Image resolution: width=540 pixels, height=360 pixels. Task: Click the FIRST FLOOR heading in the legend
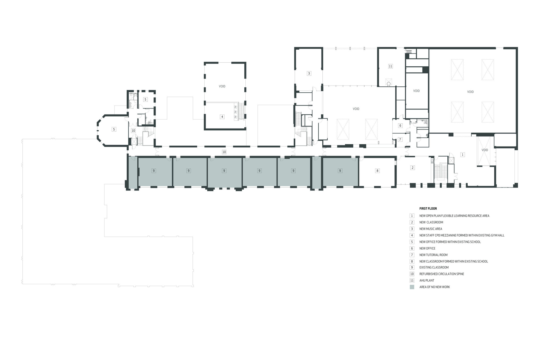click(428, 209)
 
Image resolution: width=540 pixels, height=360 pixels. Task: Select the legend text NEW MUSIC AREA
click(431, 229)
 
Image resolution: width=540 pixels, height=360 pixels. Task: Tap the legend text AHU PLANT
click(427, 280)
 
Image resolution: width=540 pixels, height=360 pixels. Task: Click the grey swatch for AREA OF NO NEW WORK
click(412, 287)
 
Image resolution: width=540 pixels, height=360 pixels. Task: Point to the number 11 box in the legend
click(412, 280)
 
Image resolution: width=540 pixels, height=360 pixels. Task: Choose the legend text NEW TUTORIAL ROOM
click(433, 255)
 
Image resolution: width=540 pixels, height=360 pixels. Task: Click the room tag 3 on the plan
click(309, 73)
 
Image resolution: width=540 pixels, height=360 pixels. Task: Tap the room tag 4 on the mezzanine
click(222, 117)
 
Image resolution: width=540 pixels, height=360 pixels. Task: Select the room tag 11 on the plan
click(390, 66)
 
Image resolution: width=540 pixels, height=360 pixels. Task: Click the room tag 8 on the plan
click(377, 171)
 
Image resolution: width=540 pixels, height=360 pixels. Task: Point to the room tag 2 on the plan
click(412, 168)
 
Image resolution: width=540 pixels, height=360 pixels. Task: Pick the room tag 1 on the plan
click(463, 155)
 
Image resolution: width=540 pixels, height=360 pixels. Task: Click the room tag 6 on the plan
click(400, 125)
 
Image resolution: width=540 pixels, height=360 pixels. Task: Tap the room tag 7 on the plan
click(400, 140)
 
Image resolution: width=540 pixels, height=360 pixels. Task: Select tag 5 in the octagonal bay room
click(114, 130)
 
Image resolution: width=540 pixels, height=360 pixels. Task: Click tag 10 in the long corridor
click(224, 152)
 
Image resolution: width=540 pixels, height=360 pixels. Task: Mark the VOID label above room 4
click(222, 86)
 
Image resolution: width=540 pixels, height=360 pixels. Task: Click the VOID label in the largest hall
click(470, 92)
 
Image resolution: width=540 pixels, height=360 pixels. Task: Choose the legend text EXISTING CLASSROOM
click(434, 267)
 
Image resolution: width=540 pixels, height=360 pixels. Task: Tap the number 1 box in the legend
click(412, 216)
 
